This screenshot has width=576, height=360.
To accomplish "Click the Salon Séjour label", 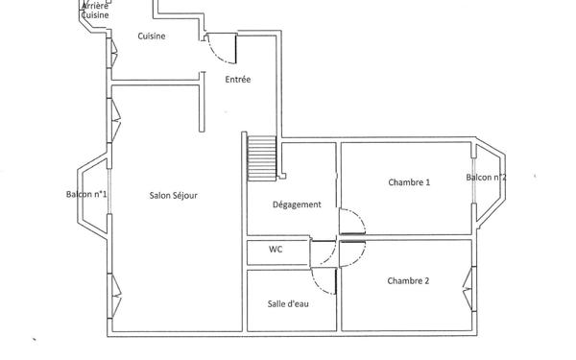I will [x=173, y=196].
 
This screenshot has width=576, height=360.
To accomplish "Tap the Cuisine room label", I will [x=151, y=36].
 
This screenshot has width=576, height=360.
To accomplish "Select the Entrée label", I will [x=237, y=80].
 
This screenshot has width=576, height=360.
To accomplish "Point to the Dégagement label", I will [x=297, y=204].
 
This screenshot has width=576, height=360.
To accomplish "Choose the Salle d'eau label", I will [x=287, y=303].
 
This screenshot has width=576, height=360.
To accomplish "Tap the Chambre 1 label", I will [x=409, y=182].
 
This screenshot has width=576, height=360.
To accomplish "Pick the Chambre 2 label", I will [x=408, y=281].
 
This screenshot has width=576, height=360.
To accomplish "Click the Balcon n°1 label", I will [x=86, y=195].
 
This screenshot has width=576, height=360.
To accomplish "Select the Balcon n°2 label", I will [x=487, y=178].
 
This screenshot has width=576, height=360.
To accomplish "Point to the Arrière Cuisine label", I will [x=95, y=11].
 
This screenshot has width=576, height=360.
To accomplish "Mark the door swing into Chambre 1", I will [x=351, y=223].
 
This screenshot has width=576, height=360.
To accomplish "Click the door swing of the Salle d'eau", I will [x=324, y=279].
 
